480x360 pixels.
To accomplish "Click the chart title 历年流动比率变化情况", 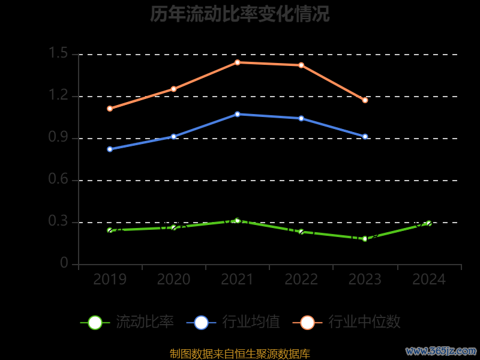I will click(x=240, y=14).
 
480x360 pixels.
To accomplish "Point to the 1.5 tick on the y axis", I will click(x=59, y=54).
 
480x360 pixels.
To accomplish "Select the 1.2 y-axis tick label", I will click(x=59, y=96).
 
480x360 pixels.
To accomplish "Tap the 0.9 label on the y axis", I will click(x=59, y=138).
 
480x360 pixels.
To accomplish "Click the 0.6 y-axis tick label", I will click(x=59, y=180).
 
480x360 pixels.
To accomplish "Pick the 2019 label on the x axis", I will click(x=110, y=280).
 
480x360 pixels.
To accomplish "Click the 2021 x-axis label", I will click(x=238, y=280).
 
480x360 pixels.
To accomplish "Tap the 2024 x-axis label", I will click(x=429, y=280).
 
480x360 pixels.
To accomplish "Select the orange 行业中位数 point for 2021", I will click(x=238, y=62).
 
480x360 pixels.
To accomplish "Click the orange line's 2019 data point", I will click(x=110, y=109).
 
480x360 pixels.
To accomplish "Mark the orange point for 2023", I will click(x=365, y=100).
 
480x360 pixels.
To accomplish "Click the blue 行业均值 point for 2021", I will click(x=238, y=114).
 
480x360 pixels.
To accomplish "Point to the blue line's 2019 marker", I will click(x=110, y=149).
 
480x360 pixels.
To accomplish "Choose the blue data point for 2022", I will click(x=301, y=118).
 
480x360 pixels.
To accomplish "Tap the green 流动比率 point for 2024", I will click(x=429, y=223).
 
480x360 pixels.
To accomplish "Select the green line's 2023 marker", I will click(x=365, y=239).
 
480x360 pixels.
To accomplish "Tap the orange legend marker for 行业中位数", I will click(x=308, y=322).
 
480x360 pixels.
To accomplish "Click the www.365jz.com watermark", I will click(x=441, y=350).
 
